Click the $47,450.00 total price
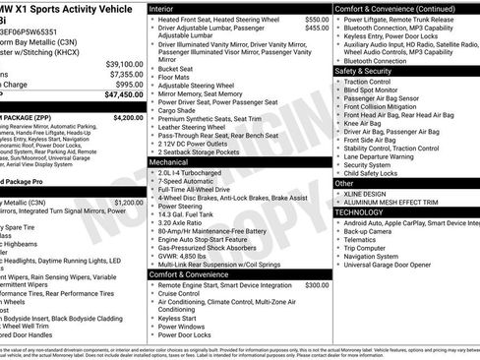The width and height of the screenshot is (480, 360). (x=116, y=95)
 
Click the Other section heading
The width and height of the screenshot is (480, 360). (x=344, y=183)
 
